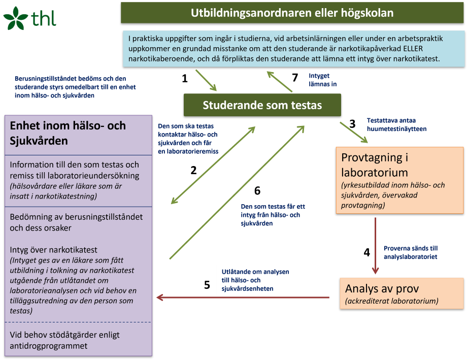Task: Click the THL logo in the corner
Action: [29, 18]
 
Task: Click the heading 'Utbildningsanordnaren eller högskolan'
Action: [292, 13]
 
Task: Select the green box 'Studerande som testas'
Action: [262, 105]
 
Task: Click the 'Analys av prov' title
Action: [382, 288]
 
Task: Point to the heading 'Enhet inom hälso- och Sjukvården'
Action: [68, 133]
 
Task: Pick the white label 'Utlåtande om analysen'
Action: [255, 280]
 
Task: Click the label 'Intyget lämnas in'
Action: [323, 80]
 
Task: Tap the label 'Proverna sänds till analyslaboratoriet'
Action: [411, 252]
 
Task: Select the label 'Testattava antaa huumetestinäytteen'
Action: [396, 125]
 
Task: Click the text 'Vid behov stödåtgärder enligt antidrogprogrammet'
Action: [65, 341]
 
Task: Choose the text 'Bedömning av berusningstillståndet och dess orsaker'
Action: [76, 222]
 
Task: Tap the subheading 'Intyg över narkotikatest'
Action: [60, 250]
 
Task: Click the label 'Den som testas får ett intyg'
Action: [273, 215]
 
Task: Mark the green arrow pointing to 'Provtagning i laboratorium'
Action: [354, 132]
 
